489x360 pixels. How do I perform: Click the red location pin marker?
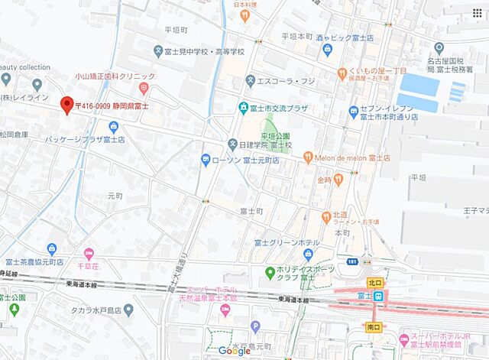point(66,105)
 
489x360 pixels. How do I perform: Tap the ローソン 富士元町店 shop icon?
point(206,160)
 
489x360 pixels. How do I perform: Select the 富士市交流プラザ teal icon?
point(243,108)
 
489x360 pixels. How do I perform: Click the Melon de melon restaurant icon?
point(308,157)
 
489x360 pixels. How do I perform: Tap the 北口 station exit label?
point(374,283)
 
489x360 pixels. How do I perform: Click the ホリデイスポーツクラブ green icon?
point(269,272)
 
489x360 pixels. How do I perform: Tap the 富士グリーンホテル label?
point(287,243)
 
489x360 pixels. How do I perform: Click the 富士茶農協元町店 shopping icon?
point(52,248)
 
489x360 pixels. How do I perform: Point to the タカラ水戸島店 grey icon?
point(128,310)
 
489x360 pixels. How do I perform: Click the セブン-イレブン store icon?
point(354,112)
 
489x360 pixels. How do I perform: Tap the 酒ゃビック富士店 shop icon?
point(327,50)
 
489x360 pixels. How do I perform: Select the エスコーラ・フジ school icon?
point(250,79)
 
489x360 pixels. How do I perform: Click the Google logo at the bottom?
point(234,350)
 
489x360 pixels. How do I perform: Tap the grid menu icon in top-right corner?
point(478,12)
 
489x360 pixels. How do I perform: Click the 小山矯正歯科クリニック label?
point(115,76)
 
